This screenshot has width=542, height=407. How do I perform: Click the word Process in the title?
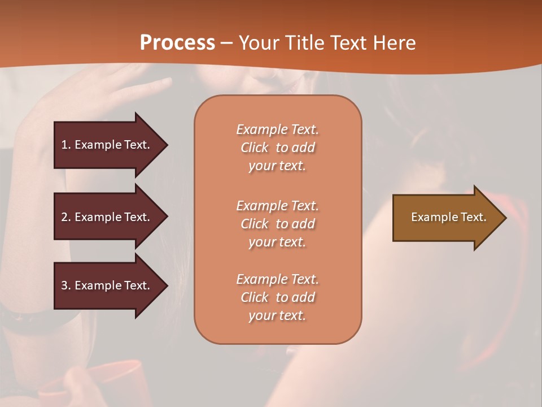[x=177, y=43]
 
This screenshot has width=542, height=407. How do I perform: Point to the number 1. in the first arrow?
[x=66, y=145]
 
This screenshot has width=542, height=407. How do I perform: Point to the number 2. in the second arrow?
[x=66, y=217]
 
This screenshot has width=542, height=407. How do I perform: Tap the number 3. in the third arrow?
[x=66, y=285]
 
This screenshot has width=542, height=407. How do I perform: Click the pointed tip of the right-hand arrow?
[x=504, y=218]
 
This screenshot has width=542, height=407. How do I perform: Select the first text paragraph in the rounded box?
[x=277, y=148]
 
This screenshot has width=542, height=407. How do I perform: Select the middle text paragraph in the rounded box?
[x=277, y=224]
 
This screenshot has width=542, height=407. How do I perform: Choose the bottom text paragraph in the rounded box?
[x=277, y=297]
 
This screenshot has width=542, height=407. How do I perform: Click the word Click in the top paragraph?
[x=254, y=148]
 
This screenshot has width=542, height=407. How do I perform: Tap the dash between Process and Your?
[x=226, y=43]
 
